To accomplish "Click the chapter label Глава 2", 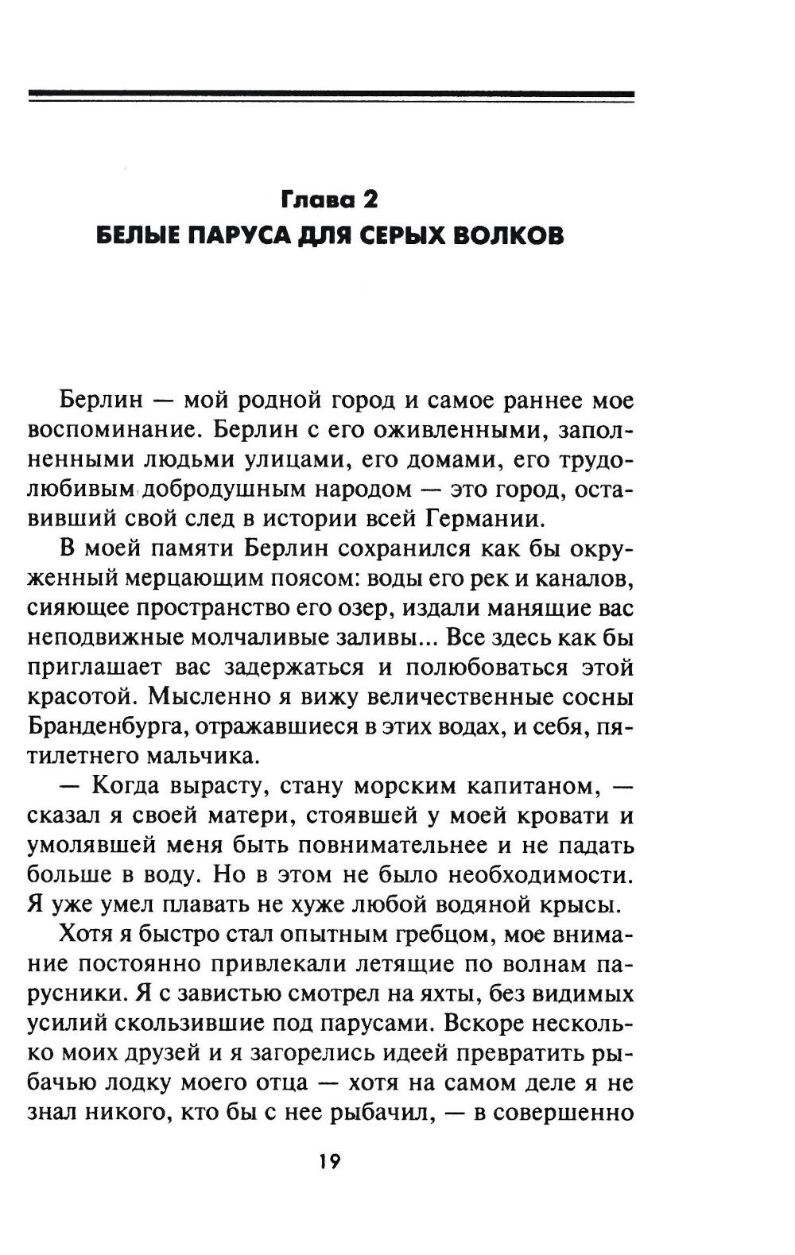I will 328,199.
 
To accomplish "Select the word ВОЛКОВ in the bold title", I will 503,236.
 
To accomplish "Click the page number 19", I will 329,1162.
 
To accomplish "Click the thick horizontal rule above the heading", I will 331,95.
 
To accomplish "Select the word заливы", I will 382,637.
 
